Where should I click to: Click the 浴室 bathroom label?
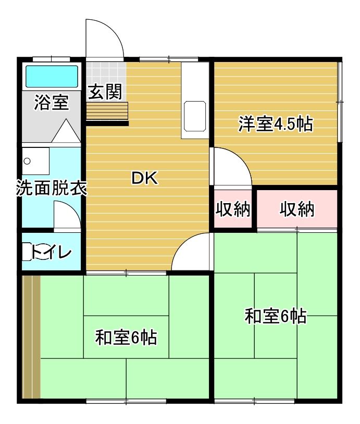pos(51,103)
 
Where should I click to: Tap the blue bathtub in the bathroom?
pos(52,76)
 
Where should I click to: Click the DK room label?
pos(144,179)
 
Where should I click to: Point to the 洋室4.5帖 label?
pos(276,124)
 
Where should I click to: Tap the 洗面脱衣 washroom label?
pos(51,188)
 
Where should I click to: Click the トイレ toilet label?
pos(51,253)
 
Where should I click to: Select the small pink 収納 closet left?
pos(233,209)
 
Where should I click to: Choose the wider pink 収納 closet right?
pos(297,209)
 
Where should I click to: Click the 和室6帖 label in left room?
pos(126,338)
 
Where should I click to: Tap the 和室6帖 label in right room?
pos(276,316)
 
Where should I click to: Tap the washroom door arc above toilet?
pos(67,216)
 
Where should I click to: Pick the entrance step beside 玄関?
pos(107,110)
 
